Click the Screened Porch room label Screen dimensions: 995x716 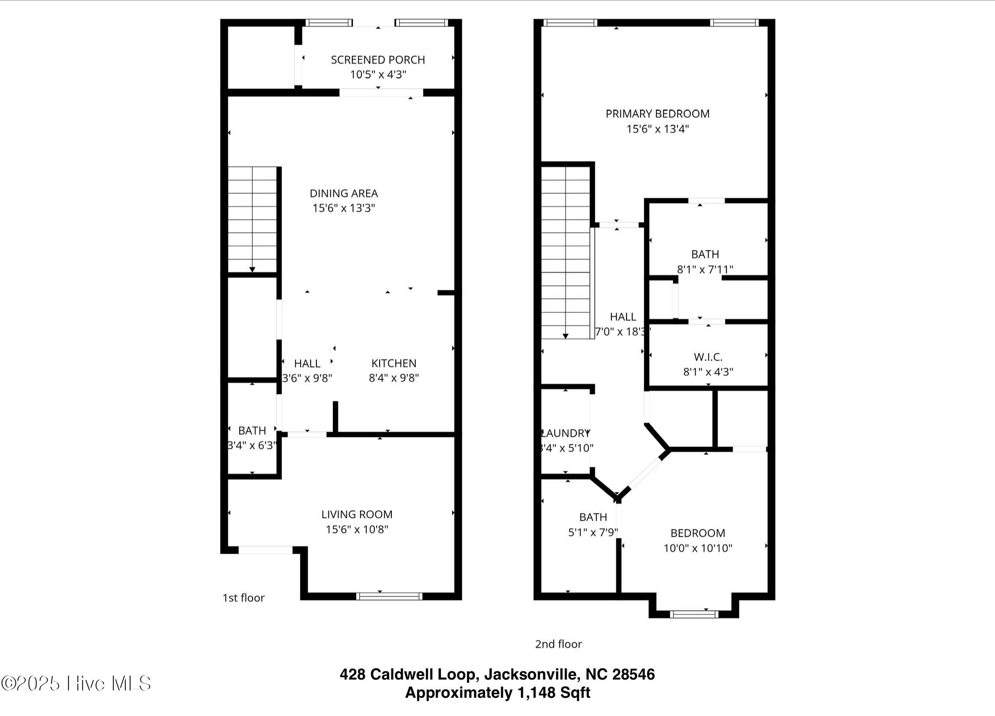click(x=378, y=60)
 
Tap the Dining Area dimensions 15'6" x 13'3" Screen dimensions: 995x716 click(x=344, y=208)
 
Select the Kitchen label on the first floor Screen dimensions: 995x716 click(x=394, y=363)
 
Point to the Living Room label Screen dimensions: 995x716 click(x=357, y=514)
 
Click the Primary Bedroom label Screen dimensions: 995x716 click(x=657, y=114)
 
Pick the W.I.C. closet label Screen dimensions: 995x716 click(x=708, y=357)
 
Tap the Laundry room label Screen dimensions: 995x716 click(x=565, y=434)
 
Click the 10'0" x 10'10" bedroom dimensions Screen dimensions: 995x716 click(x=698, y=548)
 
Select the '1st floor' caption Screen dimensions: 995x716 click(x=243, y=598)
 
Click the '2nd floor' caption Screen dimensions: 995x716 click(x=558, y=644)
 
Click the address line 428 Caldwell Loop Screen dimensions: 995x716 click(x=497, y=674)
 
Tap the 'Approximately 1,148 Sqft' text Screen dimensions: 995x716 click(x=497, y=692)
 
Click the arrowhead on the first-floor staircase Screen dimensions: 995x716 click(x=252, y=269)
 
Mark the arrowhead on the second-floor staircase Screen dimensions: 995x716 click(x=565, y=336)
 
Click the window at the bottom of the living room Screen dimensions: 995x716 click(x=389, y=596)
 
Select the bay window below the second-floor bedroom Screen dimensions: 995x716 click(x=694, y=614)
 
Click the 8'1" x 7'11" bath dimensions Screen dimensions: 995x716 click(x=705, y=269)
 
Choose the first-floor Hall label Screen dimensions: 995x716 click(x=307, y=363)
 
